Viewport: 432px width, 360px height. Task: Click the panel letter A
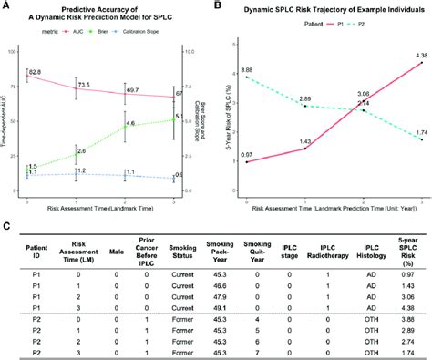pos(5,6)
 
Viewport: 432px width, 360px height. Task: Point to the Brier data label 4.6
pos(131,123)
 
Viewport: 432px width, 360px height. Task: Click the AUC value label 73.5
pos(83,85)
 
